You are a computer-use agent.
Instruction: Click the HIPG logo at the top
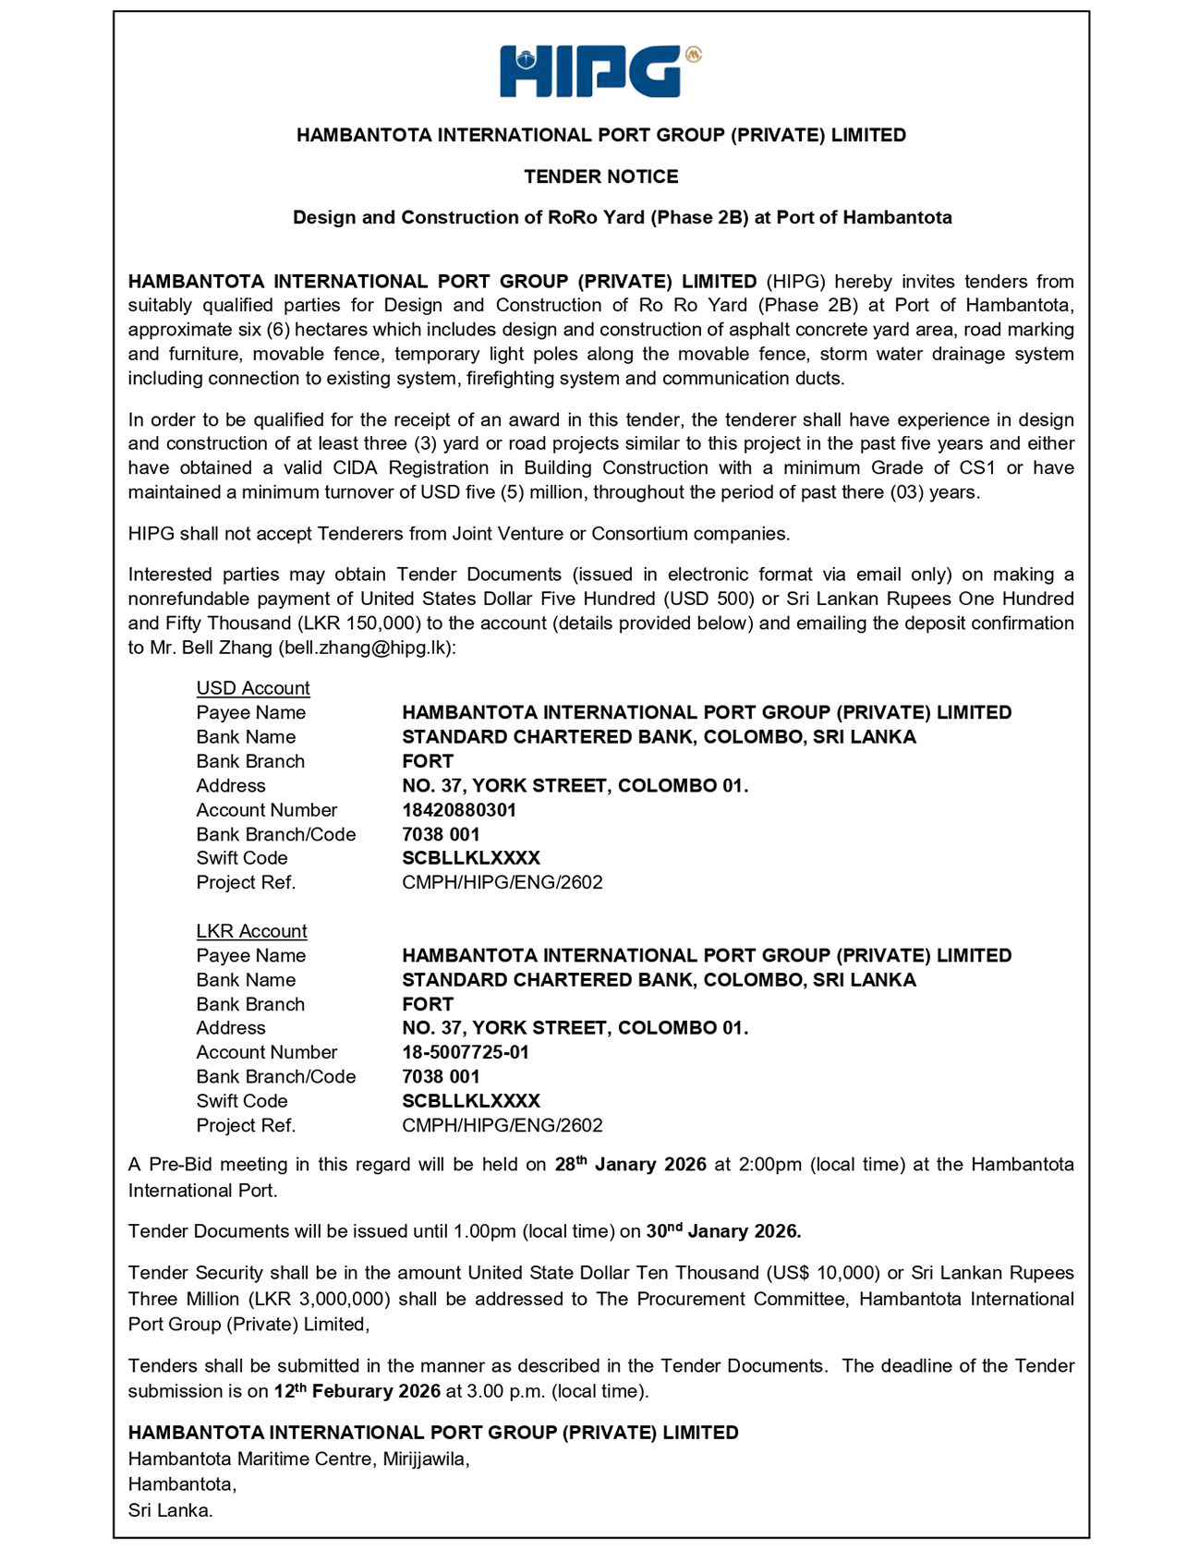599,71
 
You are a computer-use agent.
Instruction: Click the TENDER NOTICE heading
600,176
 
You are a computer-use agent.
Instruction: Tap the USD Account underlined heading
252,688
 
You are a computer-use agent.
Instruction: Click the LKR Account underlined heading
251,931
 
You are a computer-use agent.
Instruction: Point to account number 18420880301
458,810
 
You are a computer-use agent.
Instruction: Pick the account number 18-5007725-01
465,1052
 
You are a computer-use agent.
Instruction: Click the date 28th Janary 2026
630,1165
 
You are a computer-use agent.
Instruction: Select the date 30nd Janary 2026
722,1231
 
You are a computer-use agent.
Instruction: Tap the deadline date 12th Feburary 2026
357,1391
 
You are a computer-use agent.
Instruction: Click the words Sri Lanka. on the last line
170,1511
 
